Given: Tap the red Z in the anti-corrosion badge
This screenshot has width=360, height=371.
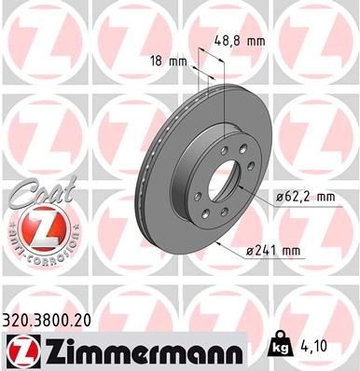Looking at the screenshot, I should tap(44, 229).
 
